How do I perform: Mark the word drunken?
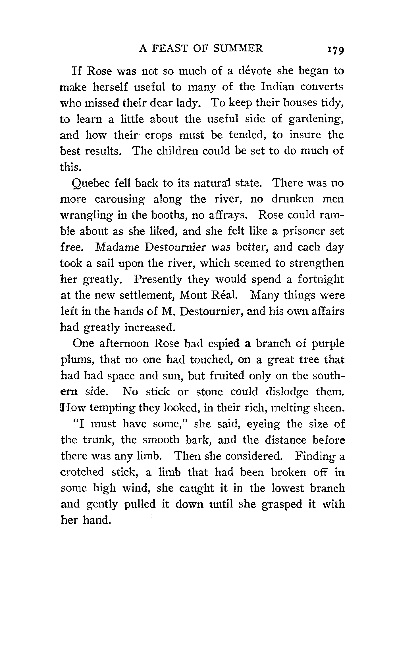[x=293, y=199]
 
